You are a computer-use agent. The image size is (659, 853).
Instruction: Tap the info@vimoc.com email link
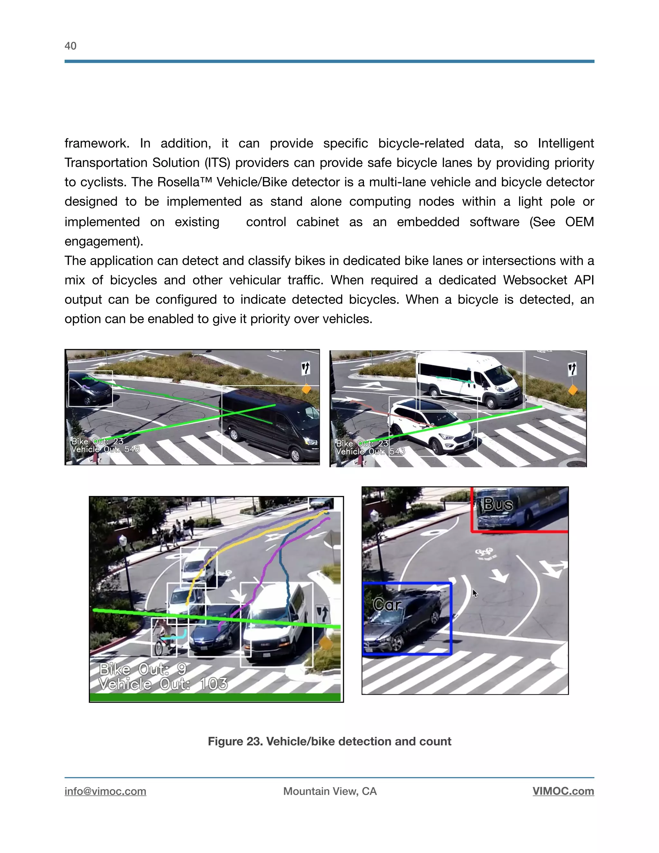tap(106, 791)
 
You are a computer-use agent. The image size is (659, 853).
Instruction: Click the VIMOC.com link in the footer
tap(563, 791)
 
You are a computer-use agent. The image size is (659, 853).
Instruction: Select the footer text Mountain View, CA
tap(330, 791)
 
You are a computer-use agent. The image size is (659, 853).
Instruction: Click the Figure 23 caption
tap(329, 741)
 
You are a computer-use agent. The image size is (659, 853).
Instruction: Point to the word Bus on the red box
tap(498, 505)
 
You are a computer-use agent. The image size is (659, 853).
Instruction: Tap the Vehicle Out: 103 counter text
tap(163, 684)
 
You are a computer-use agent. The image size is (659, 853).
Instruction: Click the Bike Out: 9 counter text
tap(143, 670)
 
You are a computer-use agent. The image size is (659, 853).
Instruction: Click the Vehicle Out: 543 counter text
tap(370, 452)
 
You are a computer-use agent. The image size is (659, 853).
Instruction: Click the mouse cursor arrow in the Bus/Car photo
tap(475, 594)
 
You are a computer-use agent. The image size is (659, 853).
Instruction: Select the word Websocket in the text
tap(535, 280)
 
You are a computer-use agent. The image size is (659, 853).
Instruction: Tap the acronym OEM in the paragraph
tap(579, 222)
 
